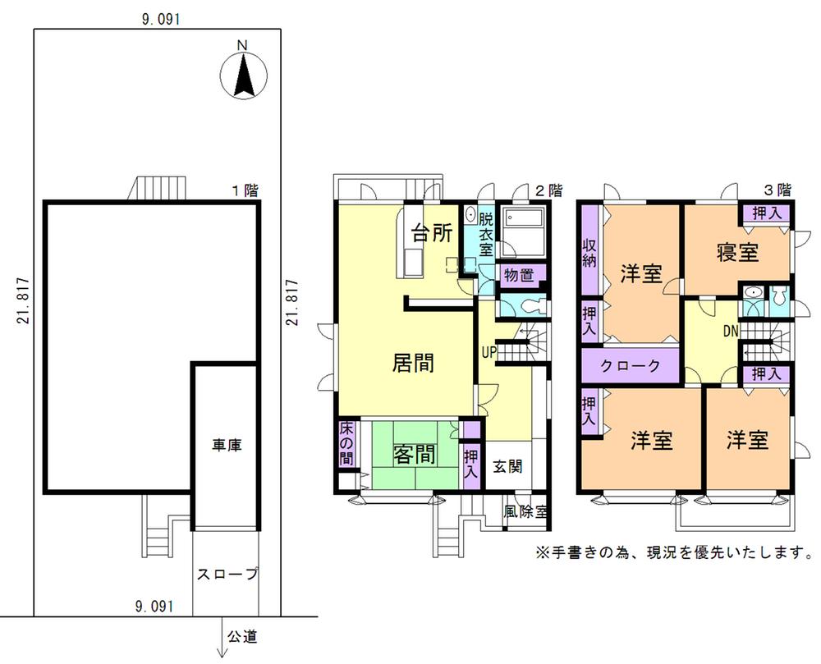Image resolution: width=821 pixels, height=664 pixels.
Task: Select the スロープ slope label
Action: [x=227, y=575]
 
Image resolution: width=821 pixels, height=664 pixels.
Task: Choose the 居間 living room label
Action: [x=413, y=362]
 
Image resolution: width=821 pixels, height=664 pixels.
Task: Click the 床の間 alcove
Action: [x=346, y=443]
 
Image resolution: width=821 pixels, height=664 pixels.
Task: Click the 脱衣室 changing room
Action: [x=485, y=235]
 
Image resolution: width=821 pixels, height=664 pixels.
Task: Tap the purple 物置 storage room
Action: [x=521, y=274]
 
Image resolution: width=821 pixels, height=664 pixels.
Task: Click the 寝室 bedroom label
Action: [x=736, y=252]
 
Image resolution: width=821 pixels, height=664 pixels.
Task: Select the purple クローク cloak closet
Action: [x=631, y=366]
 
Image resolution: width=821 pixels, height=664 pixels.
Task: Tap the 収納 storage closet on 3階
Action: [x=589, y=254]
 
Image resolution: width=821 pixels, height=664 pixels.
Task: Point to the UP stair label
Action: [x=490, y=353]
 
